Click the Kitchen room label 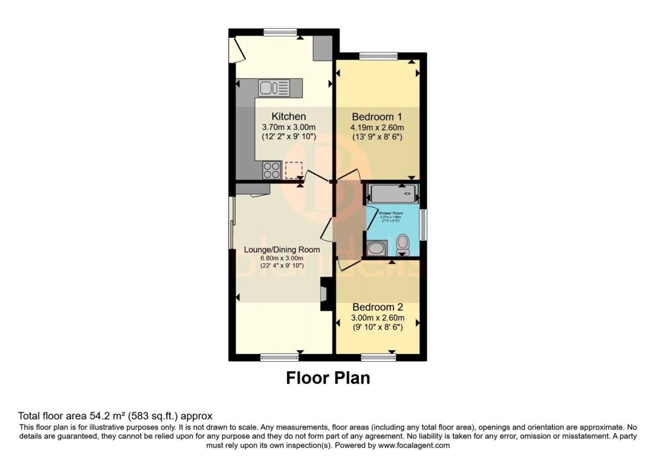(288, 117)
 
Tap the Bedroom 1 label (377, 117)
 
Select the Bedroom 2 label (377, 307)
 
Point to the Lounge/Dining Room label (282, 249)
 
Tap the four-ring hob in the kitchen (271, 170)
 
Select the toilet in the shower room (403, 244)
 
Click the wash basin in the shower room (377, 248)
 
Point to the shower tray (391, 193)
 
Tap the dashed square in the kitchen (293, 170)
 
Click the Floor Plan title (327, 378)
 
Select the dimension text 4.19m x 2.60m (377, 129)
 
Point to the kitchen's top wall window (279, 31)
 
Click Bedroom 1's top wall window (377, 56)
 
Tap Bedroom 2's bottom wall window (378, 357)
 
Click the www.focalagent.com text (414, 445)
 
